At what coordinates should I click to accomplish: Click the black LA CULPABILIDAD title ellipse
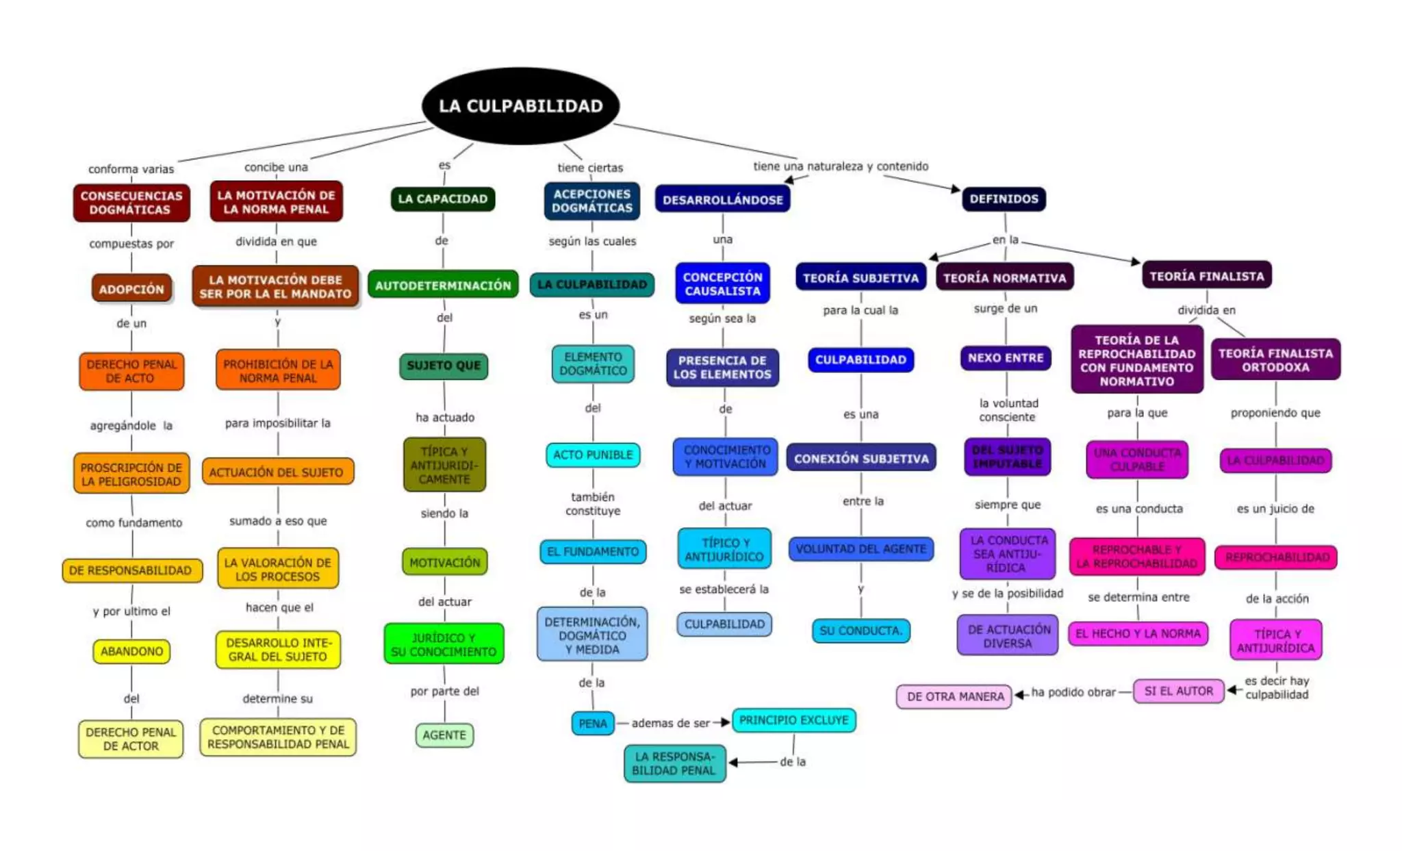tap(520, 106)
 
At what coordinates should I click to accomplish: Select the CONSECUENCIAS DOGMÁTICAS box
tap(131, 203)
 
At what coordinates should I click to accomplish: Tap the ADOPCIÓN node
tap(131, 289)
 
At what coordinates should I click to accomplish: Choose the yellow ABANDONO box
tap(131, 651)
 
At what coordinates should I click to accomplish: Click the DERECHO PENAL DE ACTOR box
tap(131, 739)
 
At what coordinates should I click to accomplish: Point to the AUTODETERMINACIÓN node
tap(443, 285)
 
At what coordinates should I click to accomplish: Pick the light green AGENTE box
tap(444, 735)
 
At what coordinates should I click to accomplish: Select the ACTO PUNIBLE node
tap(593, 455)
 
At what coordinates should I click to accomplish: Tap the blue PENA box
tap(593, 724)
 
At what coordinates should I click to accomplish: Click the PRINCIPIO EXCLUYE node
tap(793, 720)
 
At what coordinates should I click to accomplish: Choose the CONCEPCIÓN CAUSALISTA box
tap(722, 283)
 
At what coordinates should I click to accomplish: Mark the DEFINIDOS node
tap(1004, 199)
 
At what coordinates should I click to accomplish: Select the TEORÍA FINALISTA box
tap(1206, 276)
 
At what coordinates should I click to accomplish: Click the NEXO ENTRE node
tap(1005, 358)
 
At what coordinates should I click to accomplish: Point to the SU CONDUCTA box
tap(861, 631)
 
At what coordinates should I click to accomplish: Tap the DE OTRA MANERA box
tap(954, 696)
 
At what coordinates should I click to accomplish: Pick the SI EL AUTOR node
tap(1178, 691)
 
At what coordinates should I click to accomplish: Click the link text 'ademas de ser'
tap(670, 723)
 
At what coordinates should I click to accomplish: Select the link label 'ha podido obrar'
tap(1073, 692)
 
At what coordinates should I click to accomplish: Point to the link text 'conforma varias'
tap(131, 169)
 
